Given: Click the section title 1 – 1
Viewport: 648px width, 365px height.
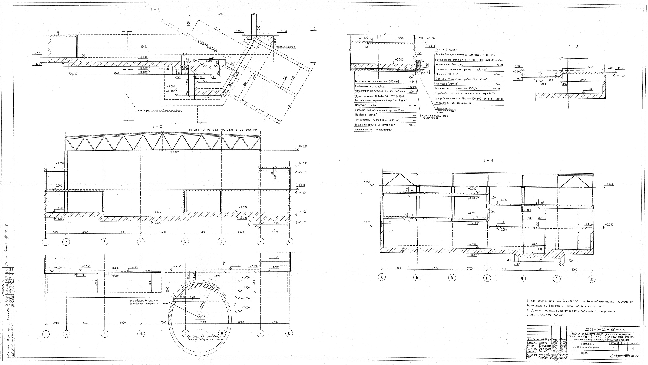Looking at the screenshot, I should coord(155,9).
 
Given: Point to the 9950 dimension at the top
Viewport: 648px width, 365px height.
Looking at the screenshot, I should coord(220,14).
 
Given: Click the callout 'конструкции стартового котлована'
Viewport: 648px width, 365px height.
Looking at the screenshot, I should coord(160,110).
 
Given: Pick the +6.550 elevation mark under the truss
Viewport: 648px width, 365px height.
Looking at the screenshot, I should coord(174,152).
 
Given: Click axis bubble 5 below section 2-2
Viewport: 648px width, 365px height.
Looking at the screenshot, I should coord(185,241).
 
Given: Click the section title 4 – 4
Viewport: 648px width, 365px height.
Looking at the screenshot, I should coord(394,27).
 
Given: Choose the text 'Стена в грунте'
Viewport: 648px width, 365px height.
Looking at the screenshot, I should coord(447,49).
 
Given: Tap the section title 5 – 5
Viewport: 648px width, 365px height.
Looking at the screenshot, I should coord(573,47).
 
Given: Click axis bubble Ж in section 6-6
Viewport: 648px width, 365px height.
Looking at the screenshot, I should coord(592,279).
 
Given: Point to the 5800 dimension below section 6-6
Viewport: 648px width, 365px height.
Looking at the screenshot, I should coord(399,268).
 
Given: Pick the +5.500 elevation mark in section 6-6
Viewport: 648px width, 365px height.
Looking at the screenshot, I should coord(472,189).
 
